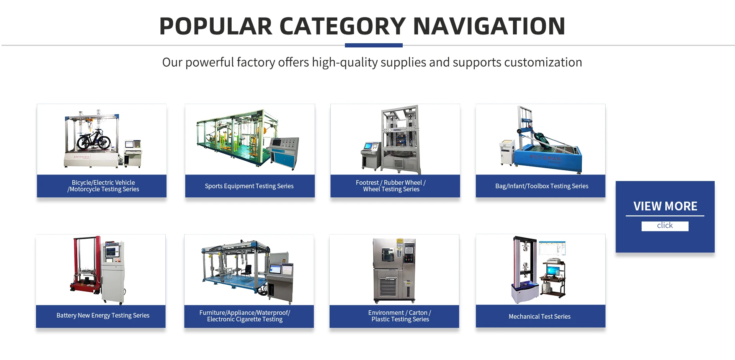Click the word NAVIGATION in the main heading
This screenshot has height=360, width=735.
(489, 26)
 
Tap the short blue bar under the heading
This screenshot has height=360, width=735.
(374, 45)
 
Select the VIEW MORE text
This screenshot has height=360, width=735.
(665, 206)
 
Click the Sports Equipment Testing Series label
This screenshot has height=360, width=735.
(249, 186)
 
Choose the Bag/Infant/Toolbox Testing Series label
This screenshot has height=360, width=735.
(542, 186)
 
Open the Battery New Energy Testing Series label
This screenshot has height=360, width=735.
(103, 315)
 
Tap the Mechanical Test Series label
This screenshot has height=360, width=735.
(539, 316)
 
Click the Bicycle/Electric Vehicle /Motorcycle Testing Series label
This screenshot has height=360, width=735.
(103, 186)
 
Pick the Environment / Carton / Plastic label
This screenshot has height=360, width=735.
(400, 316)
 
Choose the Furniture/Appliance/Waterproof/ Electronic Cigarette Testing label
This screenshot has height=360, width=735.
(245, 316)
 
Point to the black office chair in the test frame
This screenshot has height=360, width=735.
(247, 272)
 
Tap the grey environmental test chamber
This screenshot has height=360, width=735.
(394, 270)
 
